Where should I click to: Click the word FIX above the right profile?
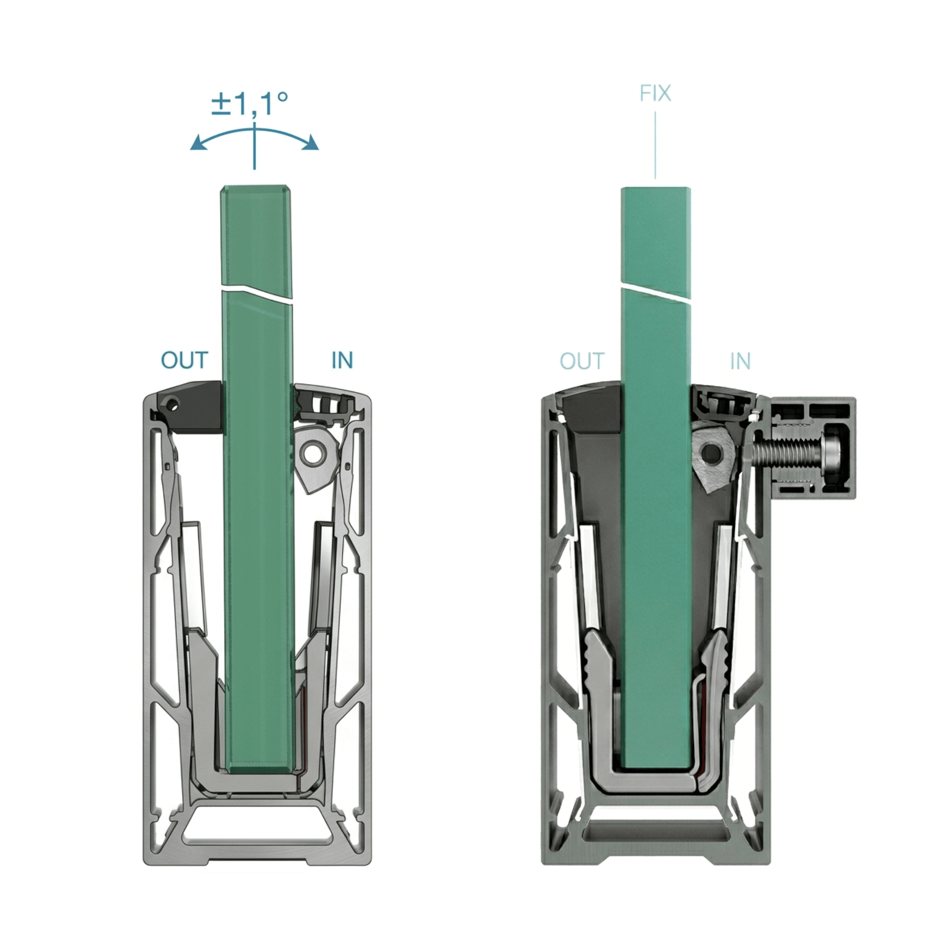[x=655, y=93]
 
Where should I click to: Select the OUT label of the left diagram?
[x=184, y=360]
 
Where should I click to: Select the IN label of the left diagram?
[x=342, y=360]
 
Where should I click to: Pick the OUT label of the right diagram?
[x=582, y=361]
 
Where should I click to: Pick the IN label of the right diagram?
[x=740, y=361]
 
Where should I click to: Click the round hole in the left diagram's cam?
[x=312, y=452]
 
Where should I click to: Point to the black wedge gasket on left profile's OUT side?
[x=197, y=407]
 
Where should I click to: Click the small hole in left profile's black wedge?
[x=174, y=405]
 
